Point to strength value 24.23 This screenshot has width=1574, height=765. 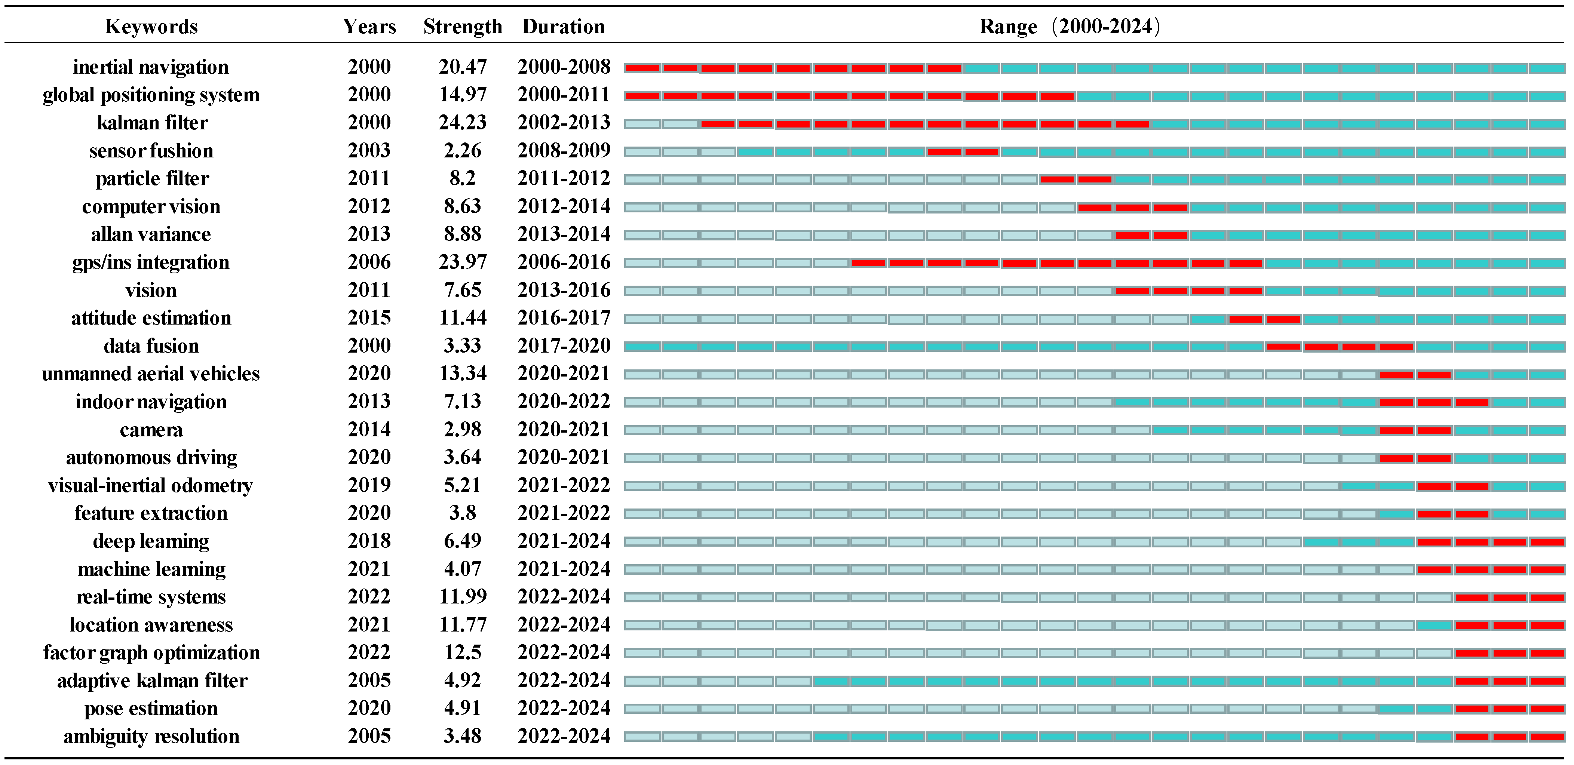click(x=463, y=122)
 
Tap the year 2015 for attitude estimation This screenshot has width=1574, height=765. click(x=369, y=318)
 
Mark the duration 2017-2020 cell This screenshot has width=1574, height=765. click(x=563, y=346)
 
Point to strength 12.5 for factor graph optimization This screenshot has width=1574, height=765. click(x=463, y=652)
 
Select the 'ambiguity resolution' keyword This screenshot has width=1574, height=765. click(x=151, y=736)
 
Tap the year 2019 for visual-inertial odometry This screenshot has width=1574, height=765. click(x=369, y=485)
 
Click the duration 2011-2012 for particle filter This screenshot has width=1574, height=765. click(x=563, y=178)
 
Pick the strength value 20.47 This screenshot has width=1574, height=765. click(x=463, y=67)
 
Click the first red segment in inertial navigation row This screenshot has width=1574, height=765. click(x=642, y=68)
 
